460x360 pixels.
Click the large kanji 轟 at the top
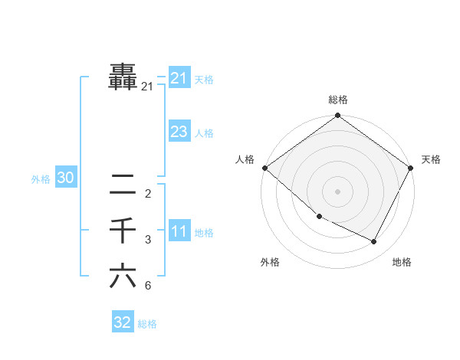point(123,77)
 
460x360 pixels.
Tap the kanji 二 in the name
point(123,184)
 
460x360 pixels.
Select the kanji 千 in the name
point(123,230)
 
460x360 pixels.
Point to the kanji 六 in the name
point(123,276)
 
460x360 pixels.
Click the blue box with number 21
point(179,78)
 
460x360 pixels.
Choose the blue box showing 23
point(179,132)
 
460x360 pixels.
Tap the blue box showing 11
point(179,231)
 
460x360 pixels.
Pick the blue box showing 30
point(65,178)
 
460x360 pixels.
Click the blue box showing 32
point(123,322)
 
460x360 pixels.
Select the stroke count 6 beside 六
point(148,286)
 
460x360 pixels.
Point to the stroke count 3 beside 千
point(148,241)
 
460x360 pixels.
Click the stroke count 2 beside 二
point(148,194)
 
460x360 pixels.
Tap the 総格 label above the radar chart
point(338,100)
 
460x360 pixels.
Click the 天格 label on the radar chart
point(431,159)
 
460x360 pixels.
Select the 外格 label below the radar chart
point(270,262)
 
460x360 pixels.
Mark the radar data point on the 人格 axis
point(264,168)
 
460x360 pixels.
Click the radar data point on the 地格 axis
point(374,241)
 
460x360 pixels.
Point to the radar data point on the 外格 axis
point(320,216)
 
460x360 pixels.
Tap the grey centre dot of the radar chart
point(338,191)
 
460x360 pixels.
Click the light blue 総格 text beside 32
point(147,324)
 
